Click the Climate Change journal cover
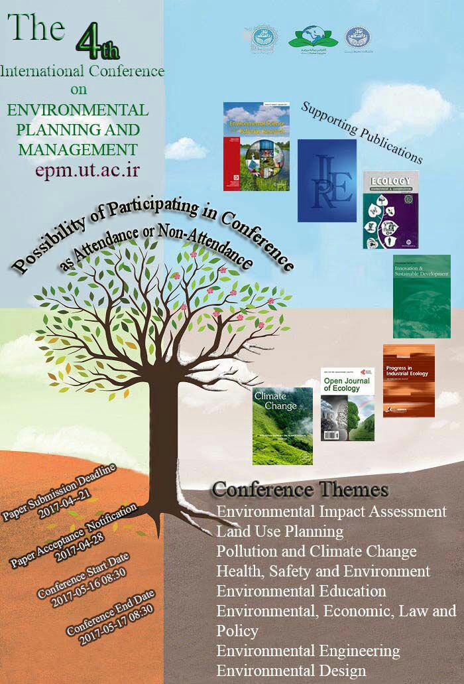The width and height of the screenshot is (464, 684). [x=282, y=425]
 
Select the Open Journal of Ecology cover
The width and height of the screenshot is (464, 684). [x=347, y=404]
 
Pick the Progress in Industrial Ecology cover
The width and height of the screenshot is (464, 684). [x=408, y=380]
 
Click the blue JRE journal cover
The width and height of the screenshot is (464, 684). [x=327, y=180]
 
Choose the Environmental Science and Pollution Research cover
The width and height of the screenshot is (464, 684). [x=256, y=147]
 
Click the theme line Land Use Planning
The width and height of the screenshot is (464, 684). [x=280, y=531]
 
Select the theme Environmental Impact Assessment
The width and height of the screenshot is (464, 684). [x=331, y=512]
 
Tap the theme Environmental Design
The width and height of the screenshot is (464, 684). [x=291, y=670]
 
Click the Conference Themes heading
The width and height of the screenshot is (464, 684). [x=300, y=490]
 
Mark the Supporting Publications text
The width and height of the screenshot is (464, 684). [x=361, y=132]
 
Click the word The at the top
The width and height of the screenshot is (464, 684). [x=36, y=28]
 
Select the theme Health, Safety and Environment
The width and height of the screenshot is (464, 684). [x=323, y=571]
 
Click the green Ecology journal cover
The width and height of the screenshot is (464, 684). [x=390, y=209]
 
